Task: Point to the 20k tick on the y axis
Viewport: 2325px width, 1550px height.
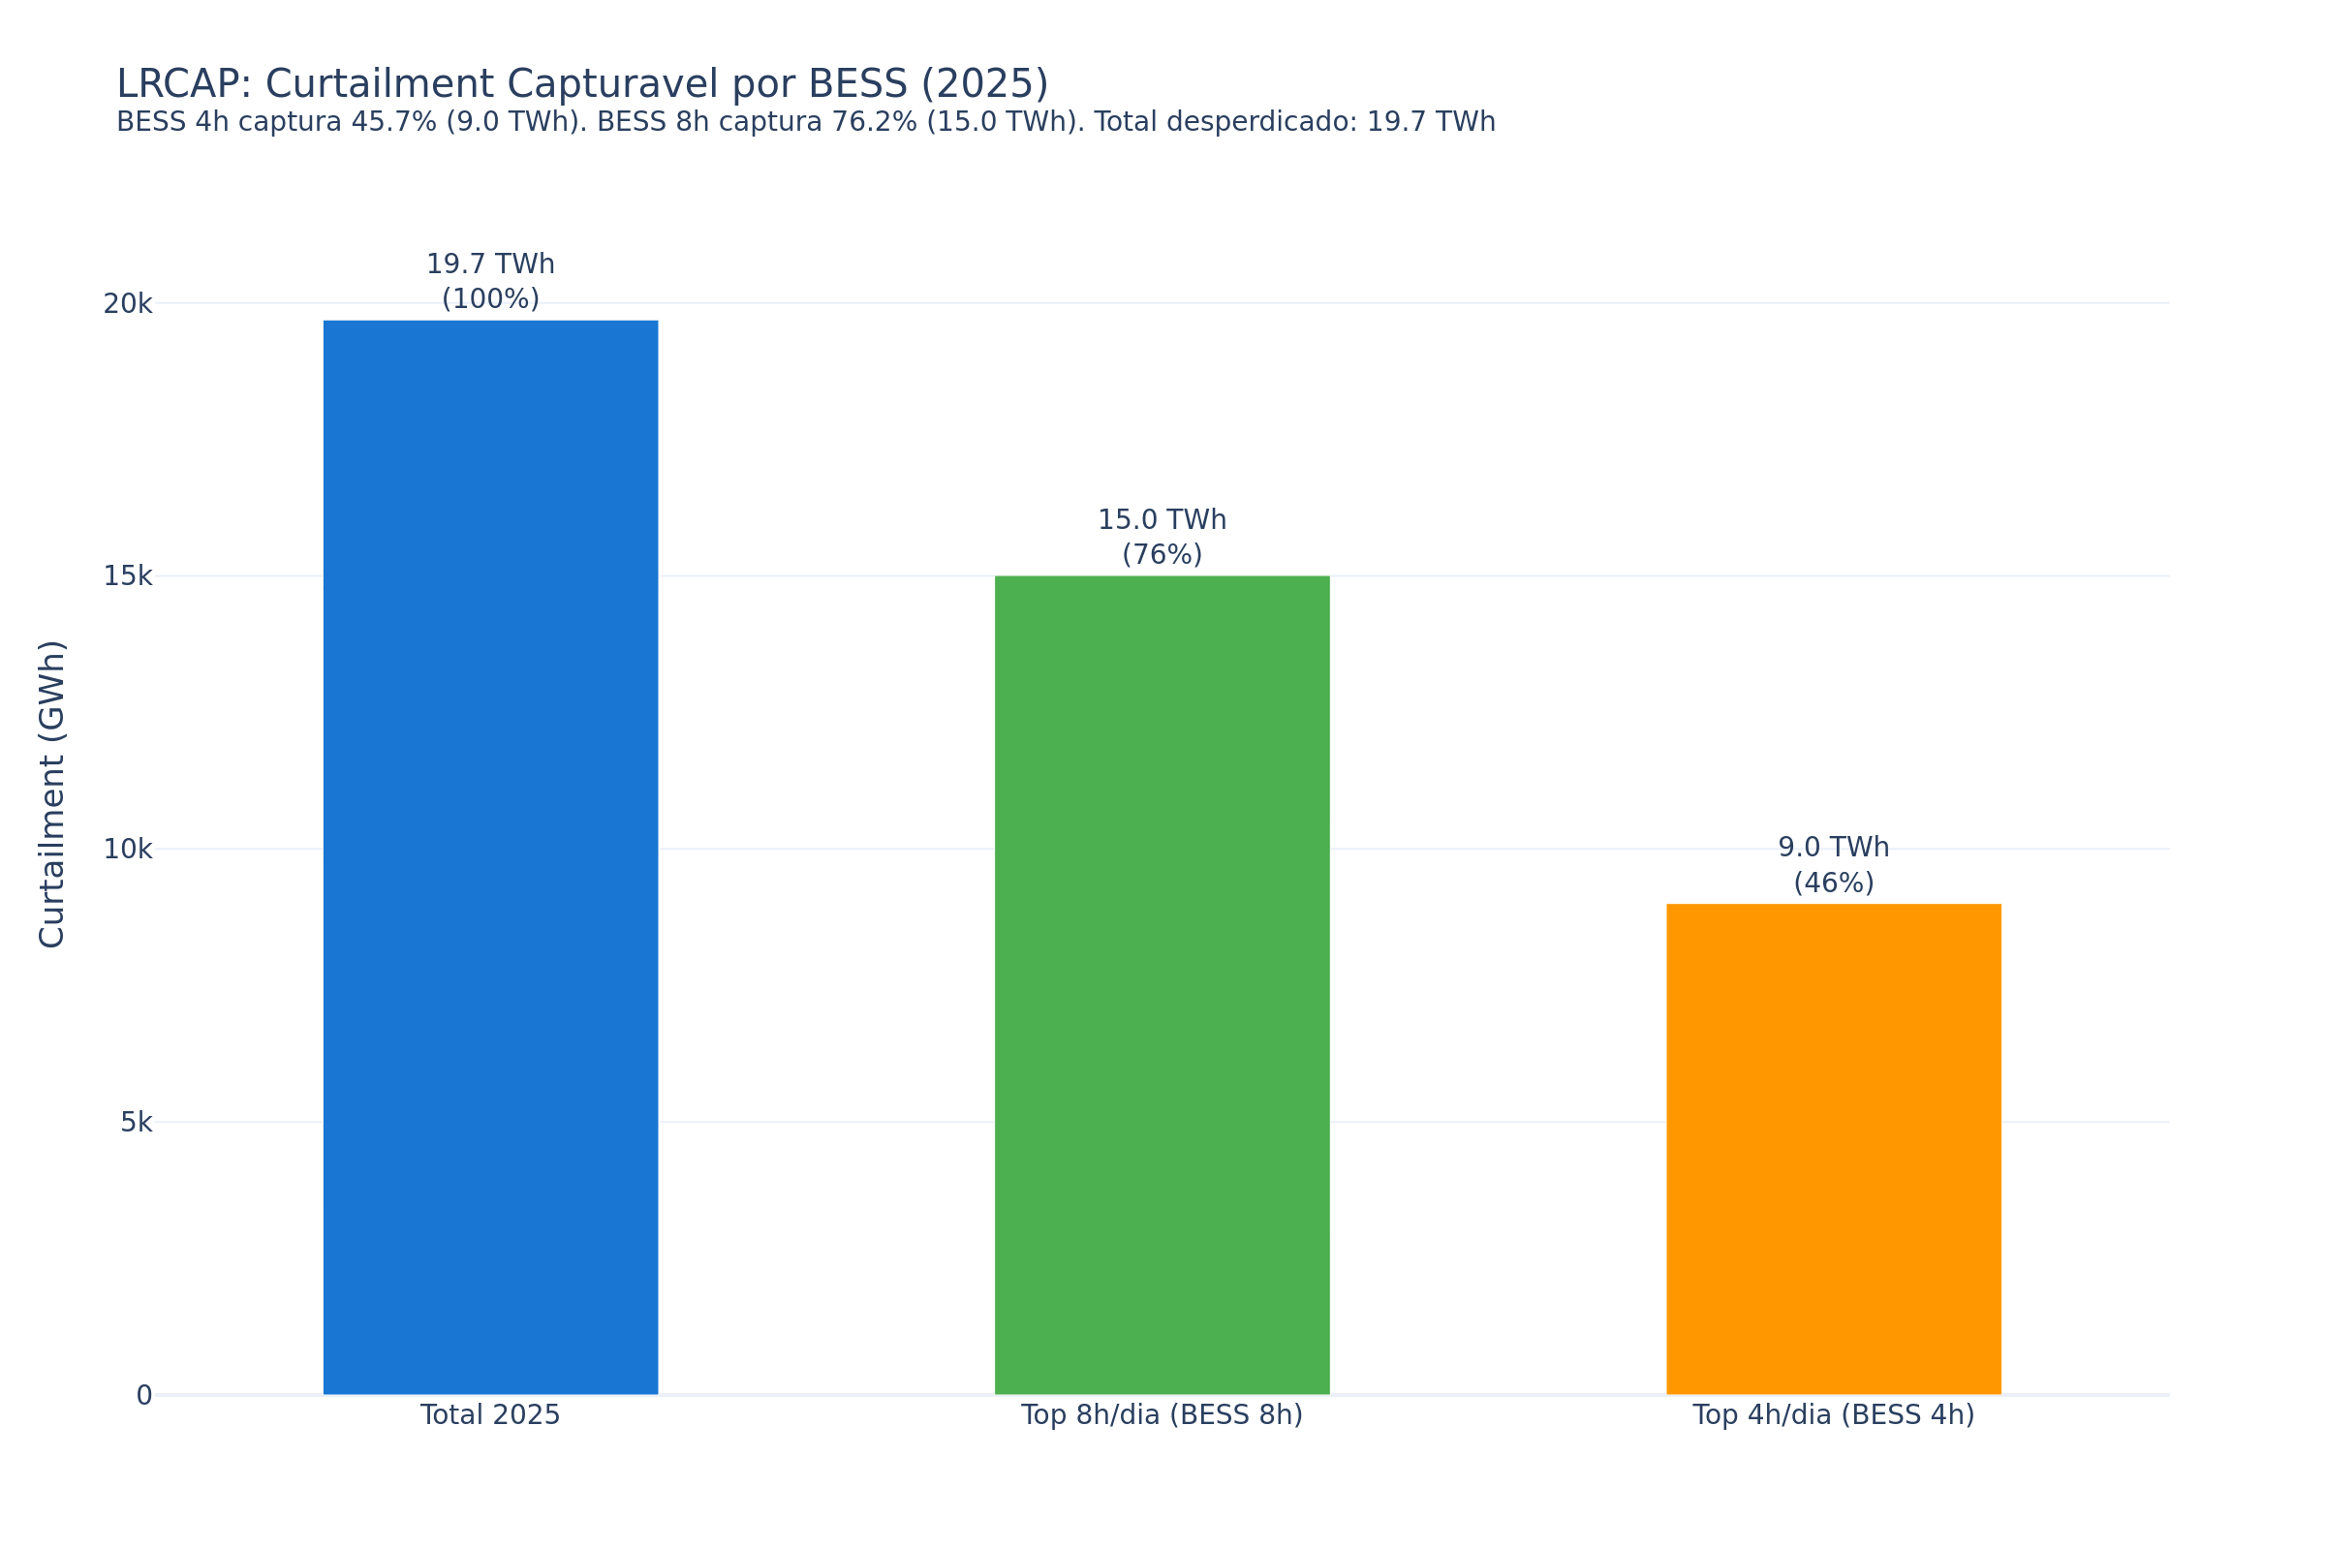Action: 128,304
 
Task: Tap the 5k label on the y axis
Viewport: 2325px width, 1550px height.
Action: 137,1123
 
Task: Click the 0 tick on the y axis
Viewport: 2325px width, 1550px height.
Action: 144,1396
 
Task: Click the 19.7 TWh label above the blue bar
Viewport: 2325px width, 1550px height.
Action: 490,264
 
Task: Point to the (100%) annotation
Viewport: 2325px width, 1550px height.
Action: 490,298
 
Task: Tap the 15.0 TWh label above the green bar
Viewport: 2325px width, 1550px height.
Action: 1162,521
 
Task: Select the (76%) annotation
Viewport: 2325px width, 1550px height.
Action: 1162,554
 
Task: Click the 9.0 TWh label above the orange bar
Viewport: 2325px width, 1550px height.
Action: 1834,849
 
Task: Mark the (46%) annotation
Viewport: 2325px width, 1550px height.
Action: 1834,883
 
